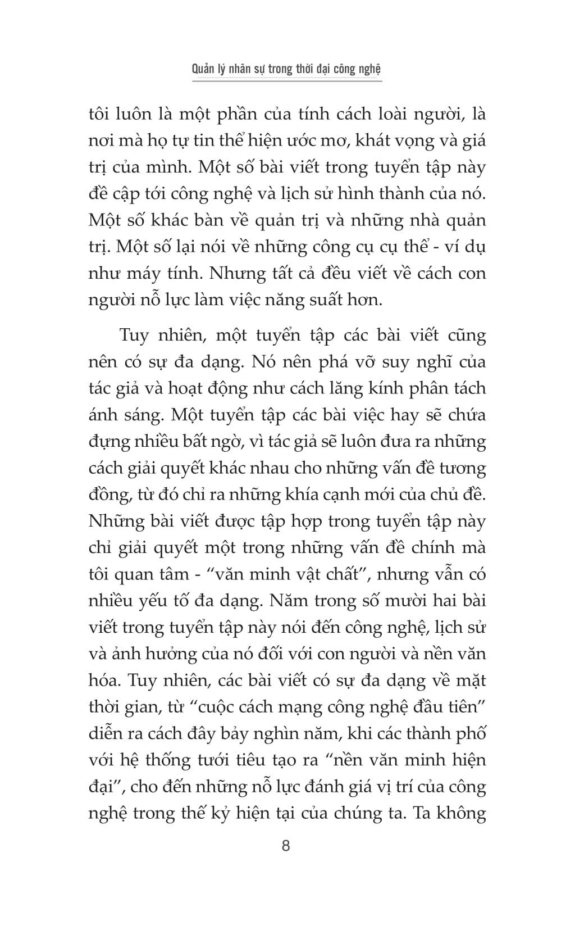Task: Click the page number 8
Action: tap(286, 846)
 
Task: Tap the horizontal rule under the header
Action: tap(287, 82)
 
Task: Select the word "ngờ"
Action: tap(226, 442)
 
